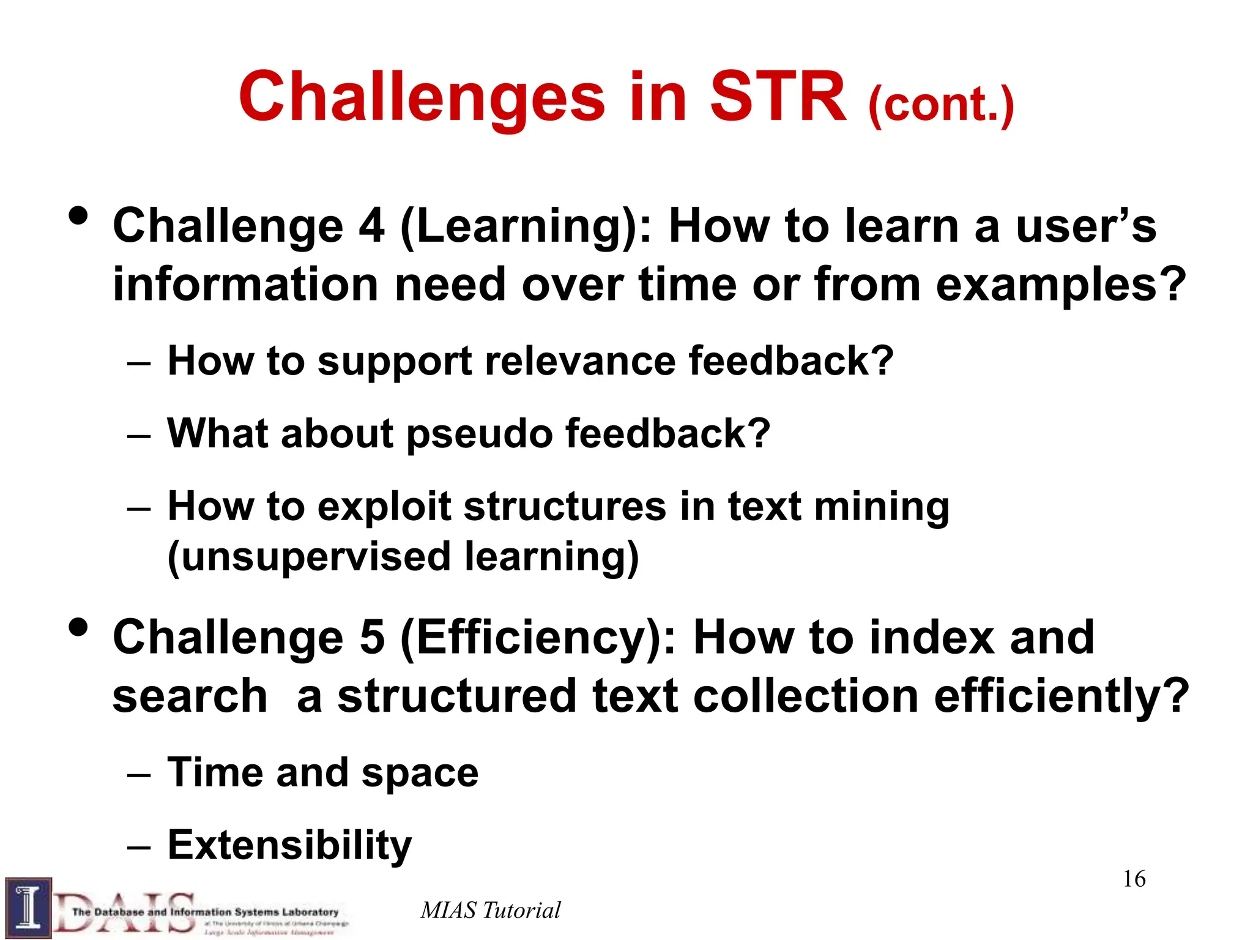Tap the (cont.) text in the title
point(940,105)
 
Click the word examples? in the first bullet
point(1061,285)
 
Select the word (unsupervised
point(310,558)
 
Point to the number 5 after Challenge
point(372,638)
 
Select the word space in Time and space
point(420,773)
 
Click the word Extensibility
point(290,845)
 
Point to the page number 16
point(1134,879)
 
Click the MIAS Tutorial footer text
point(490,911)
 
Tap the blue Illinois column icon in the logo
point(28,908)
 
